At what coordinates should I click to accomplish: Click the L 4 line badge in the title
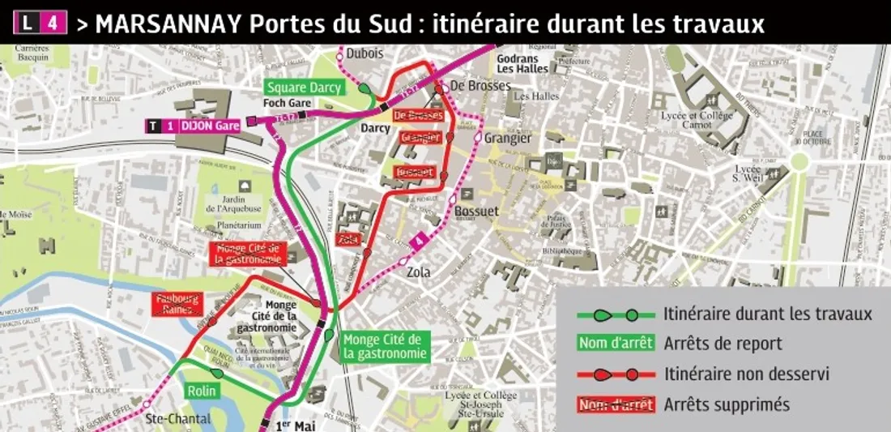pyautogui.click(x=40, y=23)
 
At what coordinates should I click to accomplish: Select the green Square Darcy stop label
pyautogui.click(x=305, y=88)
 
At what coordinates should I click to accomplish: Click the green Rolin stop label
pyautogui.click(x=202, y=391)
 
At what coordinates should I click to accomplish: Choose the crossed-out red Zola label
pyautogui.click(x=348, y=239)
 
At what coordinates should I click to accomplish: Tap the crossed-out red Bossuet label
pyautogui.click(x=415, y=173)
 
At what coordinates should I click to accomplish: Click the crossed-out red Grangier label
pyautogui.click(x=420, y=138)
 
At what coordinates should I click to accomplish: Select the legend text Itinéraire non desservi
pyautogui.click(x=746, y=374)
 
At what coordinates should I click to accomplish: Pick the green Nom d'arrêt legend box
pyautogui.click(x=615, y=344)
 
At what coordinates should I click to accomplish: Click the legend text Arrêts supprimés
pyautogui.click(x=726, y=404)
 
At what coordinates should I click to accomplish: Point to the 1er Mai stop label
pyautogui.click(x=294, y=425)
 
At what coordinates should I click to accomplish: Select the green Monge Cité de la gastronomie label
pyautogui.click(x=383, y=346)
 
